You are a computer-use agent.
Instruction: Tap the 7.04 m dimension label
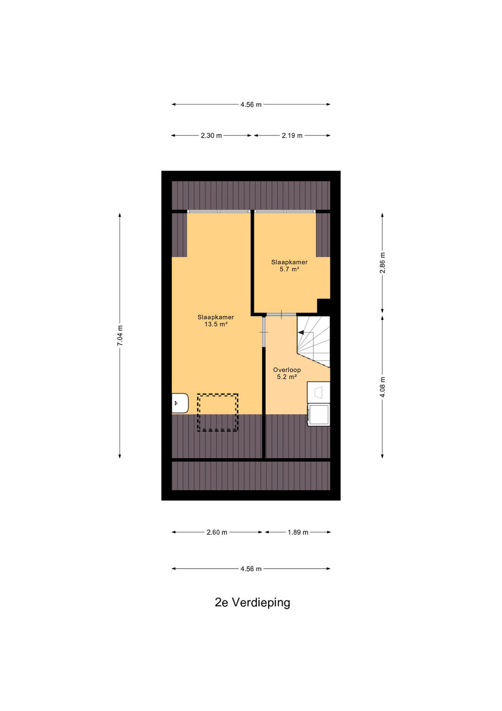pyautogui.click(x=120, y=336)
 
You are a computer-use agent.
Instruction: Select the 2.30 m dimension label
pyautogui.click(x=211, y=135)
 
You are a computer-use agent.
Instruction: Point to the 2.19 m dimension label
pyautogui.click(x=292, y=135)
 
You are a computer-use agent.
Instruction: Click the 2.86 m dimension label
pyautogui.click(x=383, y=263)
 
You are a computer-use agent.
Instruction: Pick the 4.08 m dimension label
pyautogui.click(x=383, y=387)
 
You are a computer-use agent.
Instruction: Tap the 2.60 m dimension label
pyautogui.click(x=217, y=532)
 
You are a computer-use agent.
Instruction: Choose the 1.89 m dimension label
pyautogui.click(x=298, y=532)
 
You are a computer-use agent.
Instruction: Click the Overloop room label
pyautogui.click(x=287, y=370)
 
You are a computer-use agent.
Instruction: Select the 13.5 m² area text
pyautogui.click(x=216, y=324)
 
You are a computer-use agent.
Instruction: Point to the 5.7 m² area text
pyautogui.click(x=289, y=269)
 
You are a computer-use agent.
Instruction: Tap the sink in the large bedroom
pyautogui.click(x=180, y=403)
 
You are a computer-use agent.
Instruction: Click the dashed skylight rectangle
pyautogui.click(x=217, y=412)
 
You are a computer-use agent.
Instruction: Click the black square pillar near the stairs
pyautogui.click(x=323, y=307)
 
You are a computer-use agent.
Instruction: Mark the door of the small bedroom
pyautogui.click(x=281, y=314)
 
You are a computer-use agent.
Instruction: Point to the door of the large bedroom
pyautogui.click(x=264, y=332)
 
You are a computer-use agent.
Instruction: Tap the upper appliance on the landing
pyautogui.click(x=318, y=393)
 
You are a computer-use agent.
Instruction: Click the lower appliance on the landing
pyautogui.click(x=318, y=415)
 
